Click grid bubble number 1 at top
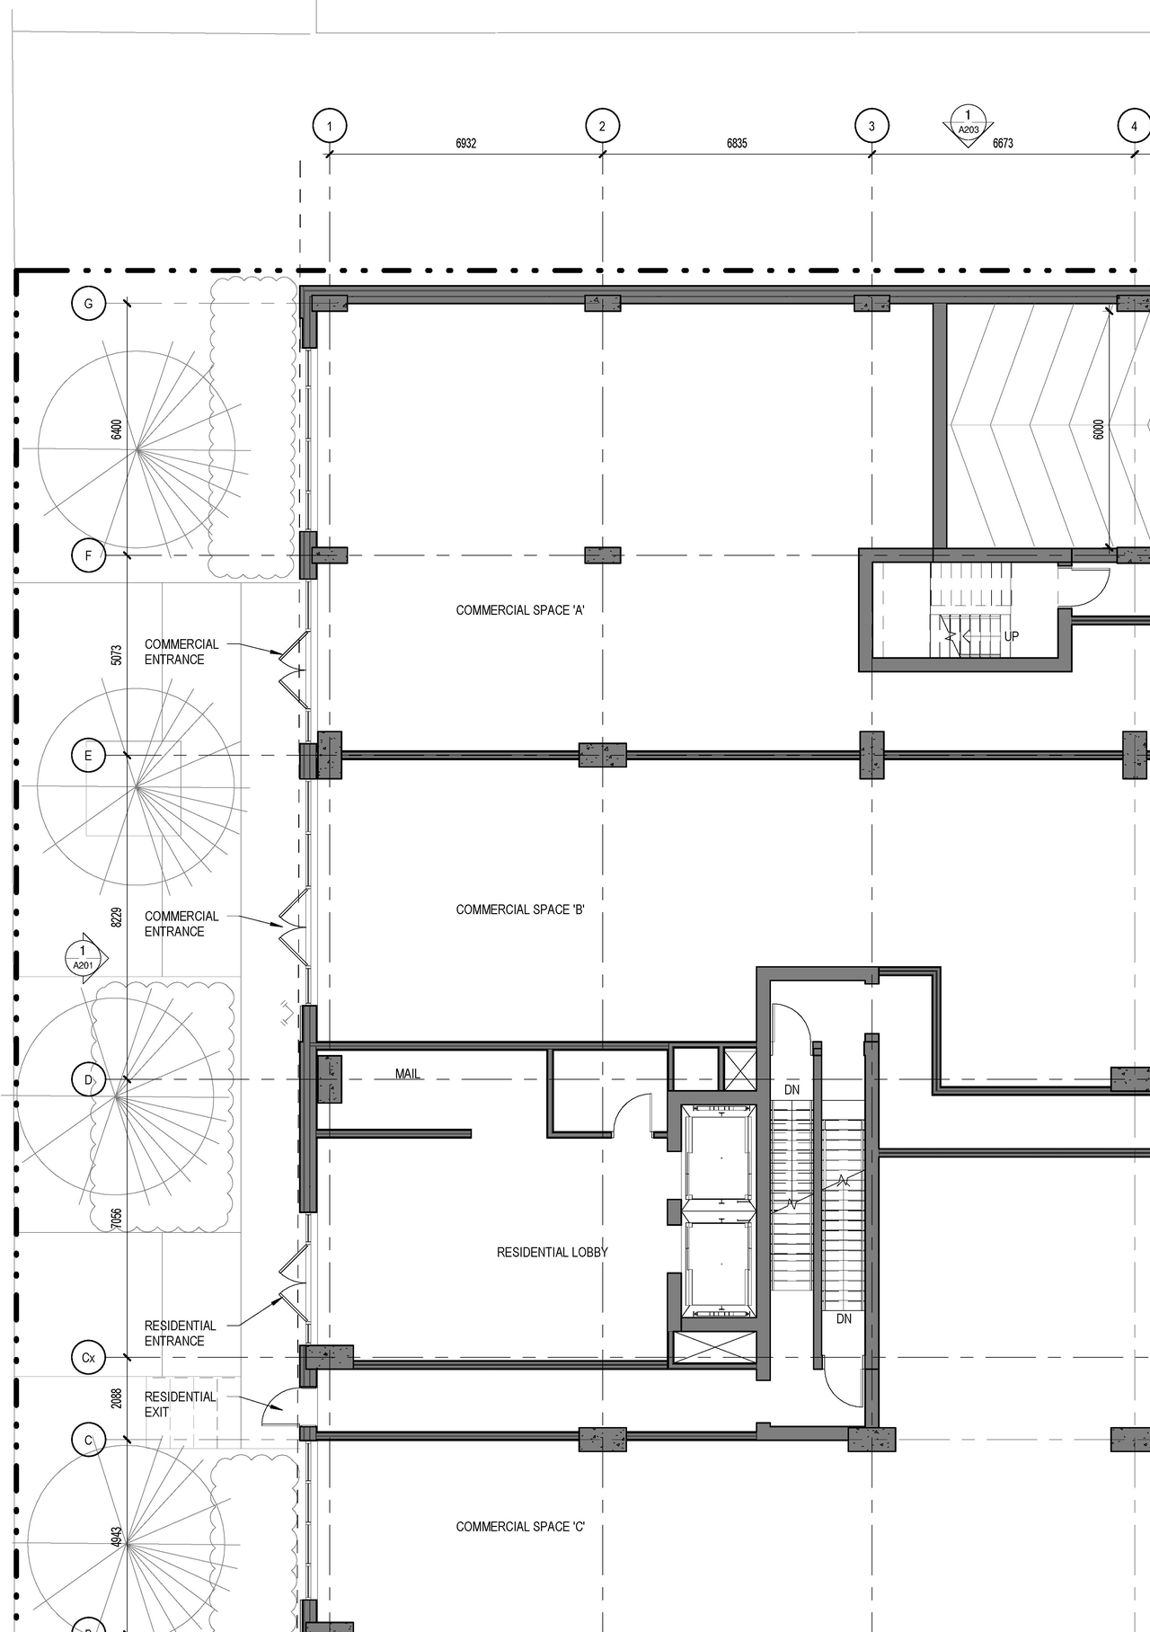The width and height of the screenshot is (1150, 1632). pyautogui.click(x=330, y=126)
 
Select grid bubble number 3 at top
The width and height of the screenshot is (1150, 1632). pyautogui.click(x=871, y=126)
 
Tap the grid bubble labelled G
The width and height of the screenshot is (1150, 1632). pyautogui.click(x=88, y=304)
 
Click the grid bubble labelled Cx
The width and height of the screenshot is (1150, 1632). pyautogui.click(x=88, y=1357)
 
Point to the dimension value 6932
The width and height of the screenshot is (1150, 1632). pyautogui.click(x=465, y=144)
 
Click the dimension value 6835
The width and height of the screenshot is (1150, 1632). pyautogui.click(x=737, y=144)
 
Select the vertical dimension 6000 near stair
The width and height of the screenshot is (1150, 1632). pyautogui.click(x=1099, y=430)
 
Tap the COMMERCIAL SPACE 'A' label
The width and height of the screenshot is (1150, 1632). pyautogui.click(x=520, y=610)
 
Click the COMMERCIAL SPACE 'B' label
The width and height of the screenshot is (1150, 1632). pyautogui.click(x=520, y=909)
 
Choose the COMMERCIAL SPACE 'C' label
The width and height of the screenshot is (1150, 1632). pyautogui.click(x=520, y=1526)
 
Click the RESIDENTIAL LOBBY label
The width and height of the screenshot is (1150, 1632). pyautogui.click(x=552, y=1252)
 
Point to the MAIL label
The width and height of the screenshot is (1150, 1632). pyautogui.click(x=408, y=1074)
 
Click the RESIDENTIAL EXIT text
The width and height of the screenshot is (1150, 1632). pyautogui.click(x=180, y=1404)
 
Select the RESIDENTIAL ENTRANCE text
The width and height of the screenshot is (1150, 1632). pyautogui.click(x=180, y=1333)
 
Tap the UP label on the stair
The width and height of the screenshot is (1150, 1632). pyautogui.click(x=1012, y=636)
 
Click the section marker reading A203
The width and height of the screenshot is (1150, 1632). pyautogui.click(x=968, y=124)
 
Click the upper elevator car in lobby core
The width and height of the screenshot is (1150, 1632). pyautogui.click(x=719, y=1158)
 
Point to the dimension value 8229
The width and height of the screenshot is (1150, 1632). pyautogui.click(x=117, y=918)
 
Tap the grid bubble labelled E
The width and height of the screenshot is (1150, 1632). pyautogui.click(x=88, y=756)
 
